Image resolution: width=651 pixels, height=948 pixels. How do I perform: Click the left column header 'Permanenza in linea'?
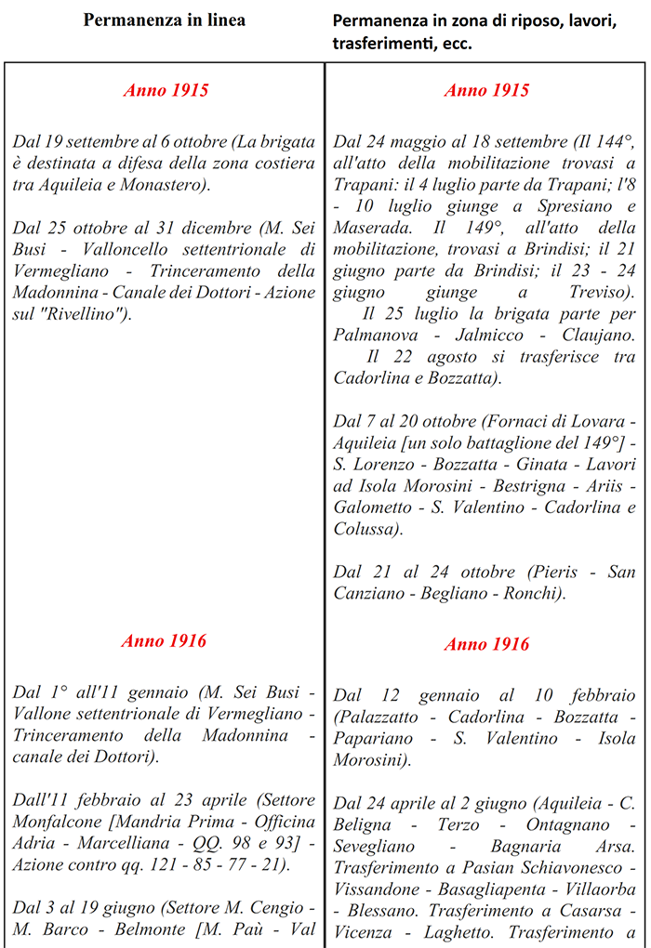pyautogui.click(x=165, y=20)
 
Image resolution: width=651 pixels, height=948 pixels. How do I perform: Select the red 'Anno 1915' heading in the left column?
pyautogui.click(x=166, y=90)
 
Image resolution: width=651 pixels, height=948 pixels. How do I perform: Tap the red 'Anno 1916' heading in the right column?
pyautogui.click(x=486, y=644)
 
